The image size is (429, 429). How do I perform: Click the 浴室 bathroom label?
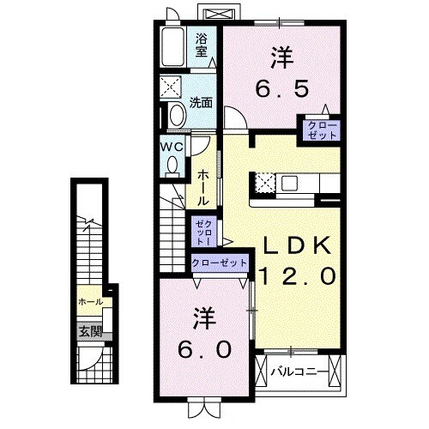coord(202,44)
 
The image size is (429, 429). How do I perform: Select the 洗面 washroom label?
coord(201,101)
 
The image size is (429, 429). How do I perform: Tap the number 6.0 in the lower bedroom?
coord(206,350)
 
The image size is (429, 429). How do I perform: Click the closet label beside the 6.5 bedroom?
coord(318,130)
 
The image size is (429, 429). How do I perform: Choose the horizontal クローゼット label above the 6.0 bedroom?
coord(220,263)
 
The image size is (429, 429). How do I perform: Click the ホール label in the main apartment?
coord(202,187)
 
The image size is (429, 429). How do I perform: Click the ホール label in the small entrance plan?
coord(89,302)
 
